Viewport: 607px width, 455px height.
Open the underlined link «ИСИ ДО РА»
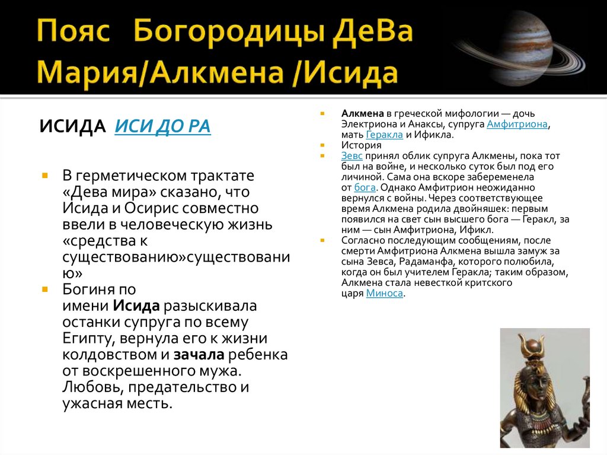point(162,126)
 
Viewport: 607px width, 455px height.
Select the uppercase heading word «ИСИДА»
point(73,126)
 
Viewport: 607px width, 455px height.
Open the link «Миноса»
point(385,293)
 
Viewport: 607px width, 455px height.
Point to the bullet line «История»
point(361,145)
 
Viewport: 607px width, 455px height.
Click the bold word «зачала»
point(198,355)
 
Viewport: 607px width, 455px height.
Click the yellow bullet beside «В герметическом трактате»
point(45,176)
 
